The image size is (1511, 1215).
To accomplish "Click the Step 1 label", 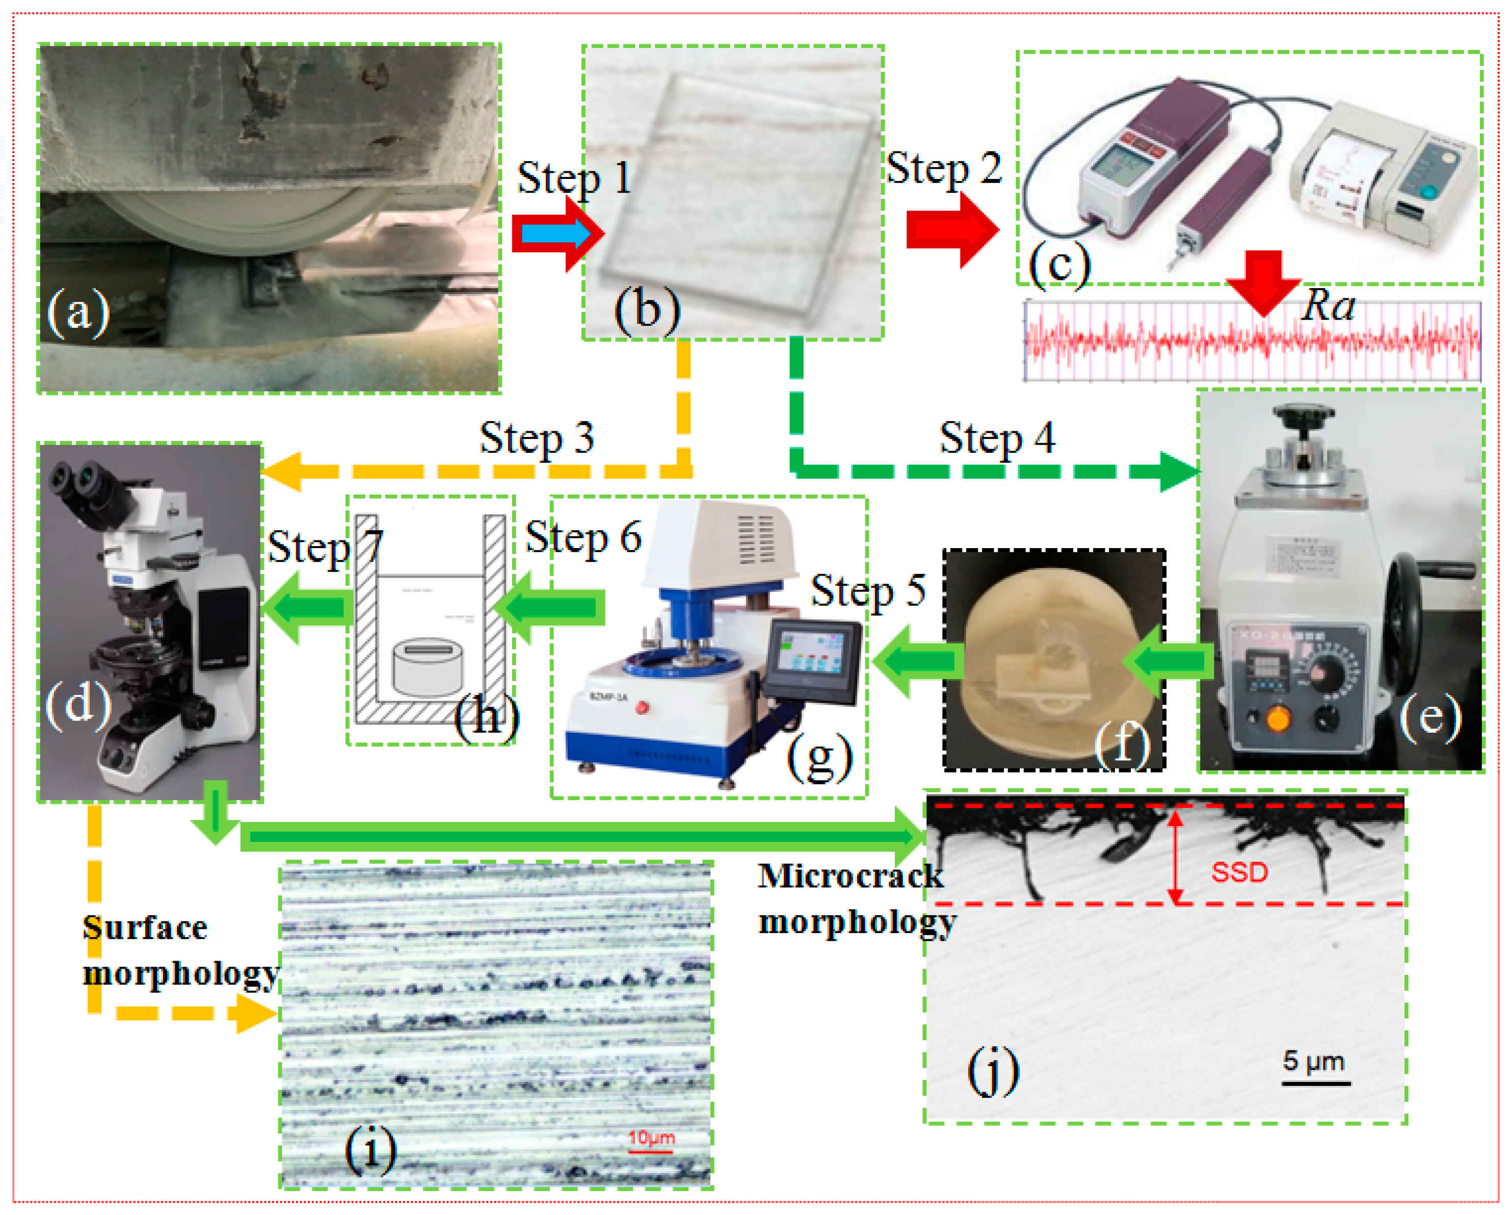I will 573,178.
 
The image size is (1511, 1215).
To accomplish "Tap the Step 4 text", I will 997,439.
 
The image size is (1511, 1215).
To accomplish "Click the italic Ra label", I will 1328,306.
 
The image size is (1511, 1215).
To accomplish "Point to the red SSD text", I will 1239,872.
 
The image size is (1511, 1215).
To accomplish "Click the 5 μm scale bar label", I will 1313,1061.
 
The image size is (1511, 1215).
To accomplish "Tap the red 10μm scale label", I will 651,1137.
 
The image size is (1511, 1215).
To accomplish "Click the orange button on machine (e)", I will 1277,718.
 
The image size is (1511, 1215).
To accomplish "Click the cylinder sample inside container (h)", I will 428,666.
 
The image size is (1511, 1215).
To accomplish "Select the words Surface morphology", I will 179,950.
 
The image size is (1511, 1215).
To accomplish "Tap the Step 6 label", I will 583,538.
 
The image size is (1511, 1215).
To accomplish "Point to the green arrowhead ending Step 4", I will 1180,471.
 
